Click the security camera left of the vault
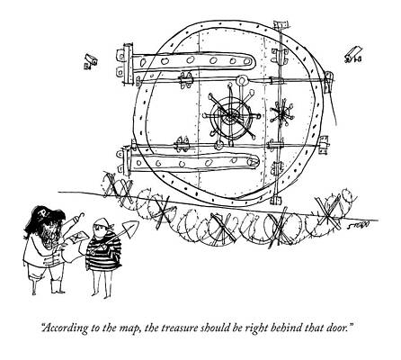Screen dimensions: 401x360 coord(90,61)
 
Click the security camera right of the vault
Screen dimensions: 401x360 coord(353,54)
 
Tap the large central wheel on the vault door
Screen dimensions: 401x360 coord(231,116)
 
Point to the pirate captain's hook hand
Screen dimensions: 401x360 coord(79,215)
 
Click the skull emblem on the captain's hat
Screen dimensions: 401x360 coord(43,214)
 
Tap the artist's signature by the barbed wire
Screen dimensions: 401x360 coord(361,225)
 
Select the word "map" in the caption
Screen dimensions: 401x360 coord(131,328)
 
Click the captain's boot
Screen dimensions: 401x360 coord(57,286)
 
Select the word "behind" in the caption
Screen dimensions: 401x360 coord(286,327)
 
